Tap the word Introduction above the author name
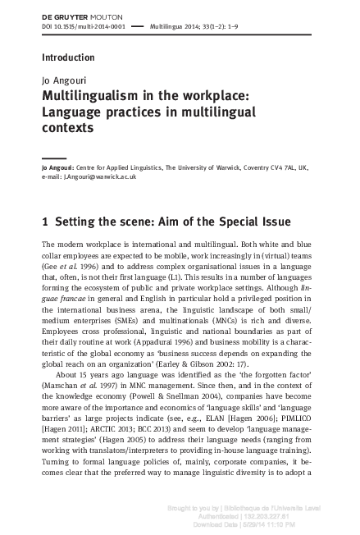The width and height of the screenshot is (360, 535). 68,57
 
